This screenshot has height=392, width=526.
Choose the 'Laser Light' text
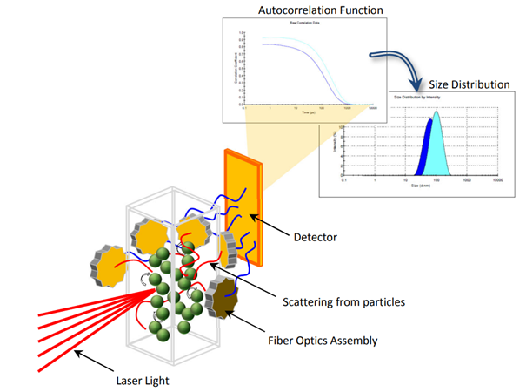pyautogui.click(x=144, y=380)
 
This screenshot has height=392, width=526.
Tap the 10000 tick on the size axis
pyautogui.click(x=498, y=180)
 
